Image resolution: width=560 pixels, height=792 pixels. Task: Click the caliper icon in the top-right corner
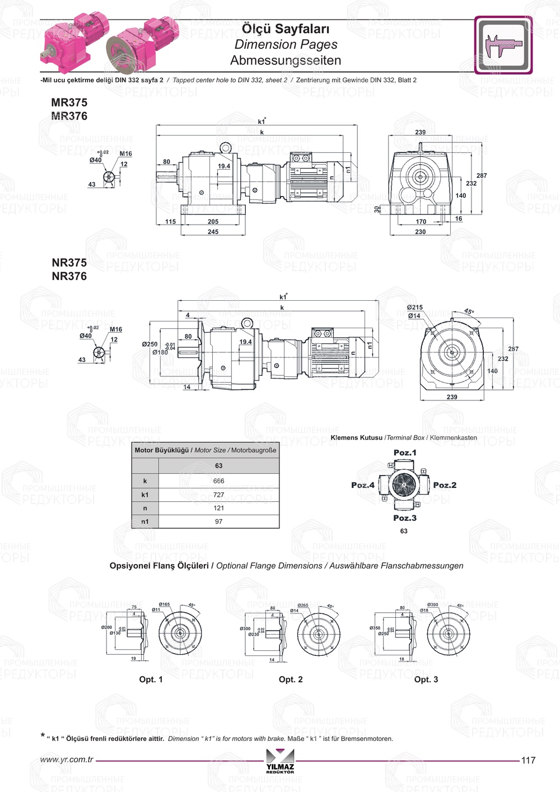click(503, 45)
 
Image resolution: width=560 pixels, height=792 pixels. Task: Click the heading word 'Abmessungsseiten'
click(286, 60)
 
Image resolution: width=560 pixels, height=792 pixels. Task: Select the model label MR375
click(69, 103)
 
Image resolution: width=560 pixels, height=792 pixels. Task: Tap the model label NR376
click(69, 276)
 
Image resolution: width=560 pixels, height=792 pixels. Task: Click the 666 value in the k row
click(218, 481)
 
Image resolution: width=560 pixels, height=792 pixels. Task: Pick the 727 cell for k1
click(218, 495)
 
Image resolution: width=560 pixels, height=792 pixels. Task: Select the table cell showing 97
click(218, 521)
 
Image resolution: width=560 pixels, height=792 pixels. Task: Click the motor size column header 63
click(218, 466)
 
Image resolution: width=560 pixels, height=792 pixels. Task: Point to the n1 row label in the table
click(145, 521)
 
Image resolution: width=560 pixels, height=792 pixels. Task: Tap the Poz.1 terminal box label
click(405, 453)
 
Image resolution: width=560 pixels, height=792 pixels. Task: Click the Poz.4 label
click(363, 485)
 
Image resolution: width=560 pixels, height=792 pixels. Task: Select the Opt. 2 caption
click(291, 679)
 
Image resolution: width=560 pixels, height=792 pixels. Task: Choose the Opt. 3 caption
click(426, 679)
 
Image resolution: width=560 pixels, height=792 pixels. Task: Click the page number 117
click(528, 760)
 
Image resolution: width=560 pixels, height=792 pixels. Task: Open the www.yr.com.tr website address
click(67, 760)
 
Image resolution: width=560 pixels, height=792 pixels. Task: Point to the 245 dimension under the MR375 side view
click(213, 232)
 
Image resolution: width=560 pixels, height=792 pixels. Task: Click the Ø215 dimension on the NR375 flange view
click(415, 308)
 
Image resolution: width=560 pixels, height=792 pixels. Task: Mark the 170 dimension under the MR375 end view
click(421, 222)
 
